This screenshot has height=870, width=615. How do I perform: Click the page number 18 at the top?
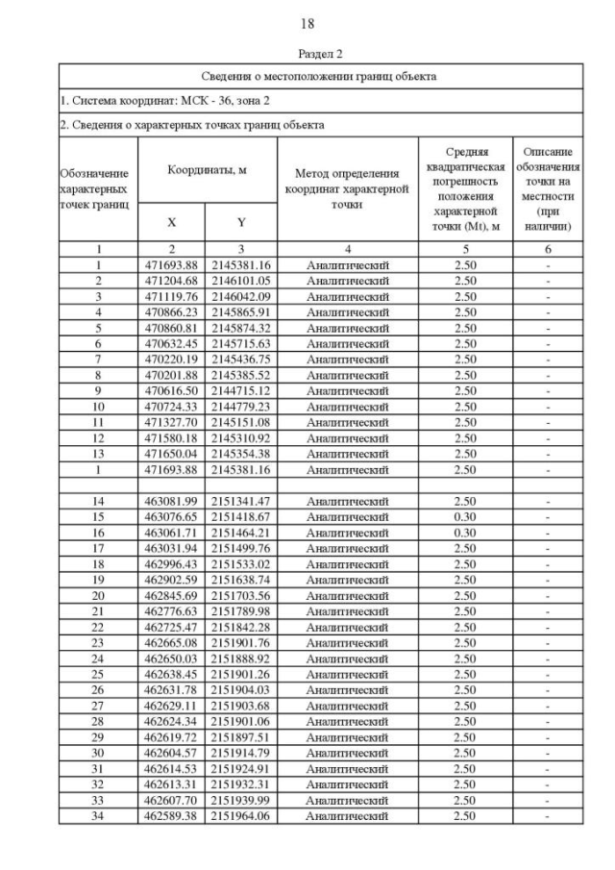pos(307,23)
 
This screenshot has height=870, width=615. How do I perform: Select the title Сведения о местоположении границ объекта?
pos(319,75)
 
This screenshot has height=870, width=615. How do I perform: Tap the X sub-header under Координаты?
pos(172,222)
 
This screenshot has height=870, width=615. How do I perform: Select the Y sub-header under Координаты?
pos(241,222)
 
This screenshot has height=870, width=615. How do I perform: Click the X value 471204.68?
pos(171,281)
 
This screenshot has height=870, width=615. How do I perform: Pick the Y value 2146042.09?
pos(241,296)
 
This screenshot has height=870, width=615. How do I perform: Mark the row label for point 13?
pos(98,454)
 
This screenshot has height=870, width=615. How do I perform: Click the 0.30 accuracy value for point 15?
pos(465,516)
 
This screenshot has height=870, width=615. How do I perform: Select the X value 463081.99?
pos(171,501)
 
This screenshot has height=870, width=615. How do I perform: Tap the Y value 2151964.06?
pos(241,816)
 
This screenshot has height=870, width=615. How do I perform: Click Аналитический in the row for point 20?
pos(347,595)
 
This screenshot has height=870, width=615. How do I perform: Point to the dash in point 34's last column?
pos(548,816)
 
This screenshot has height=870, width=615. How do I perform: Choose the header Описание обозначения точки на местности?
pos(548,188)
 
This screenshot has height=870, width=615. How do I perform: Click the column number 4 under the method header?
pos(347,249)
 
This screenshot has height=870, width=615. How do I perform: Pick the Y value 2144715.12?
pos(241,390)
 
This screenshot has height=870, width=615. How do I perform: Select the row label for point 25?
pos(98,674)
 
